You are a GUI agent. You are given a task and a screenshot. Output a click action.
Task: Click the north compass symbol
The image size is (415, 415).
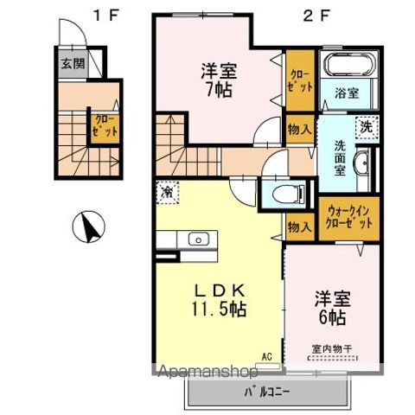(x=90, y=229)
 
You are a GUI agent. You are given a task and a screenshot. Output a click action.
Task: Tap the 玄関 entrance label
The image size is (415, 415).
(x=72, y=63)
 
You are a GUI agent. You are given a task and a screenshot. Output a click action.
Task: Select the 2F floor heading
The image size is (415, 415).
(x=311, y=15)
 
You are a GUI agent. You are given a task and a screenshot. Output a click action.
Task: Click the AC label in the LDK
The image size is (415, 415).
(x=266, y=354)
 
